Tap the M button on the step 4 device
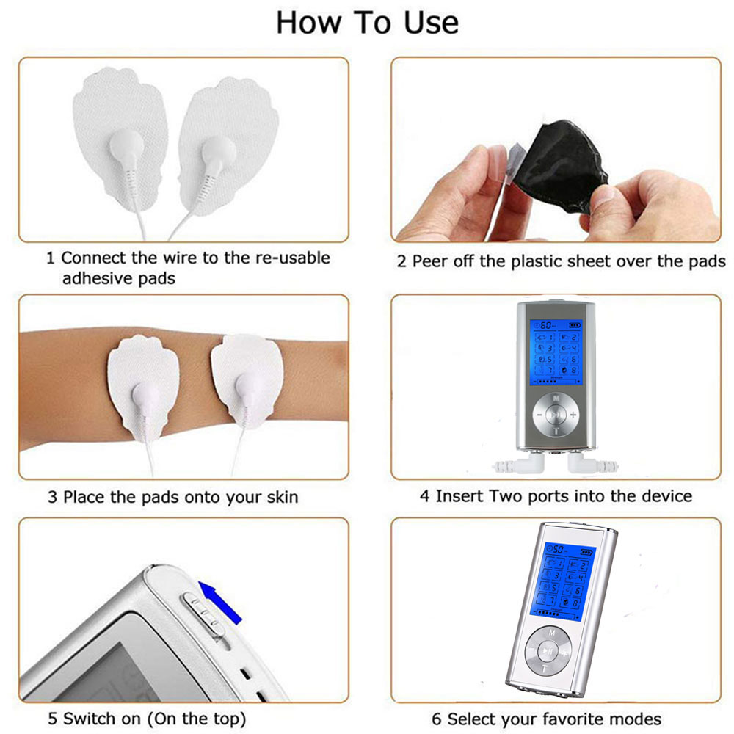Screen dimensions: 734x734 point(556,397)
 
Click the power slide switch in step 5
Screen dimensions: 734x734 point(203,613)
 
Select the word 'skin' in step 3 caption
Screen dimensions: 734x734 point(282,497)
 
